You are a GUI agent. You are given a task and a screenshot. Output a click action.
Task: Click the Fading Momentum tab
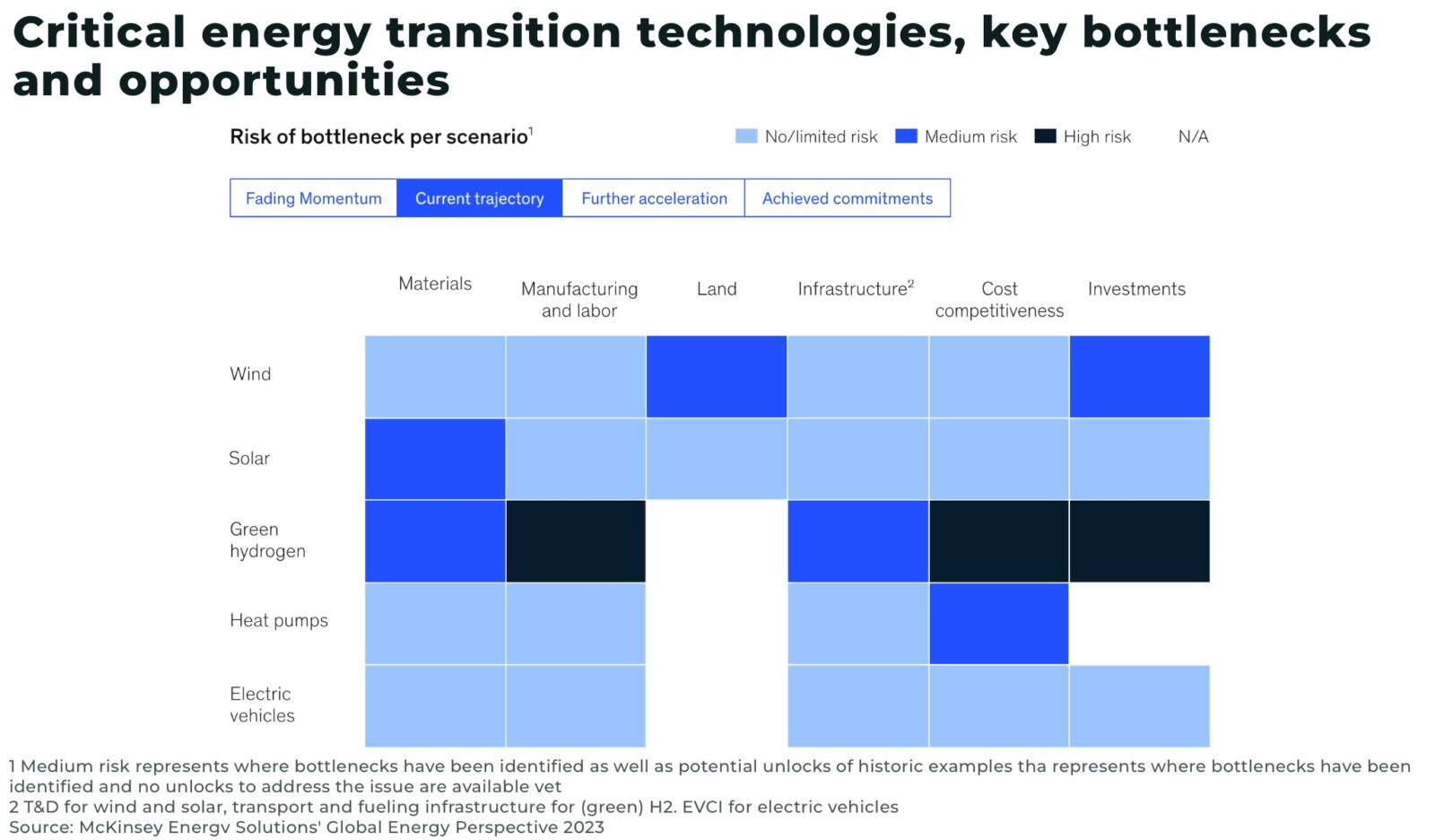point(313,198)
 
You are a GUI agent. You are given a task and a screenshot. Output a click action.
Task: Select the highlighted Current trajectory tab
point(479,198)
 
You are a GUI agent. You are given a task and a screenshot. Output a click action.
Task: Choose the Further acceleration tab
point(654,198)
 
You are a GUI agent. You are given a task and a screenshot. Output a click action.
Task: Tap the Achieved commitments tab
point(847,198)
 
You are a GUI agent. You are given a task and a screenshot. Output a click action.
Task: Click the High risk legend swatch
point(1045,136)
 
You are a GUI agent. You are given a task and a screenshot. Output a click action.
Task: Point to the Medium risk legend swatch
point(906,136)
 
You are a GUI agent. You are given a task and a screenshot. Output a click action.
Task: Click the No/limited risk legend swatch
point(746,136)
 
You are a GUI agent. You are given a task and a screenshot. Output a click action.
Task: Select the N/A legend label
point(1193,136)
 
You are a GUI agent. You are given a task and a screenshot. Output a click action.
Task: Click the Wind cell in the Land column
point(717,377)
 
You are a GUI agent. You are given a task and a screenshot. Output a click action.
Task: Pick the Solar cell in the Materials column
point(435,459)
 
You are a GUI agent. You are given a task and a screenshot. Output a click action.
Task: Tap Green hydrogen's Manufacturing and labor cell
point(576,541)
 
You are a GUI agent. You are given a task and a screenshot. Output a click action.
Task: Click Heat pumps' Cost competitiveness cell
point(998,624)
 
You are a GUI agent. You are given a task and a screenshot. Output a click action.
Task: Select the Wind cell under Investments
point(1139,377)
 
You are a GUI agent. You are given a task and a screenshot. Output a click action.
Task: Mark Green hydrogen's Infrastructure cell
point(857,541)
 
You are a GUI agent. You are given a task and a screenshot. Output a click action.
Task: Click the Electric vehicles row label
point(261,704)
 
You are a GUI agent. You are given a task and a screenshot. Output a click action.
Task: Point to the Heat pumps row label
point(278,620)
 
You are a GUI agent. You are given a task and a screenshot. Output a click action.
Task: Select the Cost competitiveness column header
point(999,300)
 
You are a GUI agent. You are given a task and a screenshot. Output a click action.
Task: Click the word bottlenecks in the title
point(1226,33)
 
